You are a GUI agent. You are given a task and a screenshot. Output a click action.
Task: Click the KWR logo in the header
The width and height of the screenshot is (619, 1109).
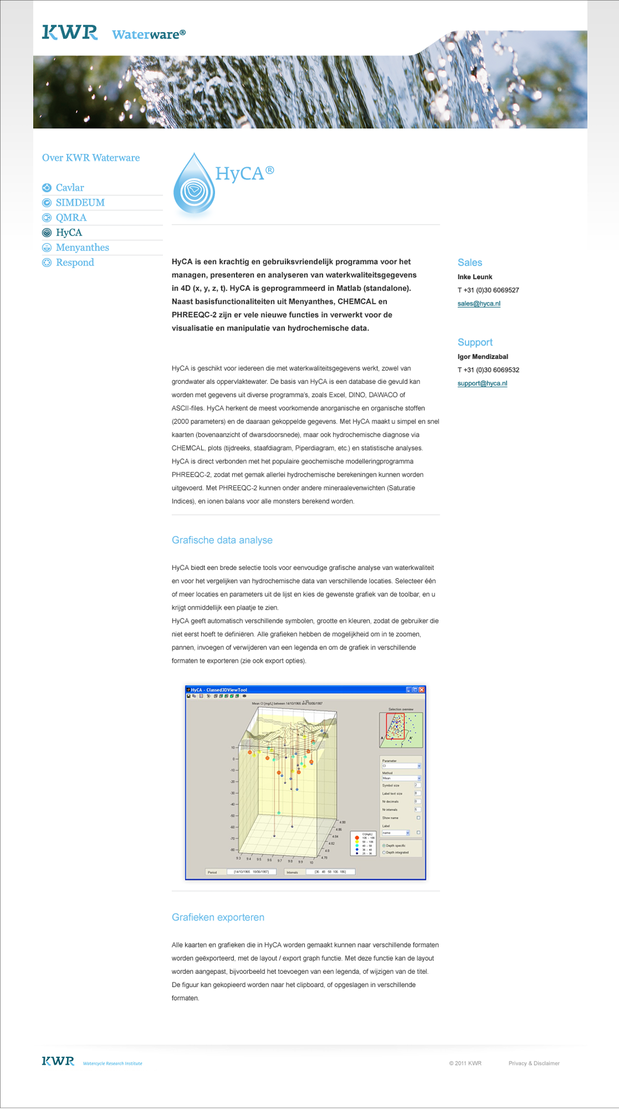(x=69, y=33)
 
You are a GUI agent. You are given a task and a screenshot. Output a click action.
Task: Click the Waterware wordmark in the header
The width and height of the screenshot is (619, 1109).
(x=148, y=34)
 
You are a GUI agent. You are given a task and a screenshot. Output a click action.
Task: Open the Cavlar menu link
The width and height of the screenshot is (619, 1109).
(x=69, y=188)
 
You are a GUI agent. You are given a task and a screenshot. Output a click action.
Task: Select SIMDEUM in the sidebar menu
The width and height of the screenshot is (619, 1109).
(x=80, y=203)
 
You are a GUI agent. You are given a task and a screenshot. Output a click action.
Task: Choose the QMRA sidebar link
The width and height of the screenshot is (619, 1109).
(x=71, y=218)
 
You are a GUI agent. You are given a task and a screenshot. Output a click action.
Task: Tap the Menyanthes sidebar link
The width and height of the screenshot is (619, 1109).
(x=82, y=247)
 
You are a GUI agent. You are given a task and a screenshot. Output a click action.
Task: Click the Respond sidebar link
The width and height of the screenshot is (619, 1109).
(x=75, y=262)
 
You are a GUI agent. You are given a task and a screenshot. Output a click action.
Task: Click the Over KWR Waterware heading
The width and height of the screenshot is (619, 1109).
(x=91, y=158)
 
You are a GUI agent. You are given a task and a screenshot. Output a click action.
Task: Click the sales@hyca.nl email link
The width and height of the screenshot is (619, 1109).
(x=479, y=304)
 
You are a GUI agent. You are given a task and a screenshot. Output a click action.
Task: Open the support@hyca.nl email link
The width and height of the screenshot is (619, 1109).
(x=482, y=383)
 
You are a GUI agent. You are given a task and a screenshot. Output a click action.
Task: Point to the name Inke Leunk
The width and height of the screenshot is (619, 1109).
(x=475, y=277)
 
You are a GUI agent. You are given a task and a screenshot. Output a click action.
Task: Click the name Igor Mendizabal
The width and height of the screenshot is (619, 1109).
(x=483, y=357)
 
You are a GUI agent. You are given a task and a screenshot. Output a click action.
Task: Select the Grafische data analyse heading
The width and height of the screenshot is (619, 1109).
(x=222, y=540)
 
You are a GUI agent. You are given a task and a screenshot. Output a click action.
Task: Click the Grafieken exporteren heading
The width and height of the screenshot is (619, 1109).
(x=218, y=917)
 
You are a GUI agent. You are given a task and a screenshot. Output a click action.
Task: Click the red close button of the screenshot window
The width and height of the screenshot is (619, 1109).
(x=422, y=690)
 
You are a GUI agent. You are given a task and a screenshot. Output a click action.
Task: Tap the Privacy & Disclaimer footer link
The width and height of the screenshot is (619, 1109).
(x=534, y=1063)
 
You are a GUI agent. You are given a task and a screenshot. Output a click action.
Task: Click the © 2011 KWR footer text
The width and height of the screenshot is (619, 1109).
(x=465, y=1063)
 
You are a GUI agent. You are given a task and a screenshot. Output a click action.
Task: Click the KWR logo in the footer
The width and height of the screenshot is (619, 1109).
(x=58, y=1061)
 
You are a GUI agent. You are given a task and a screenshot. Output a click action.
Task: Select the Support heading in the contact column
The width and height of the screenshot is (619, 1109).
(x=475, y=343)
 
